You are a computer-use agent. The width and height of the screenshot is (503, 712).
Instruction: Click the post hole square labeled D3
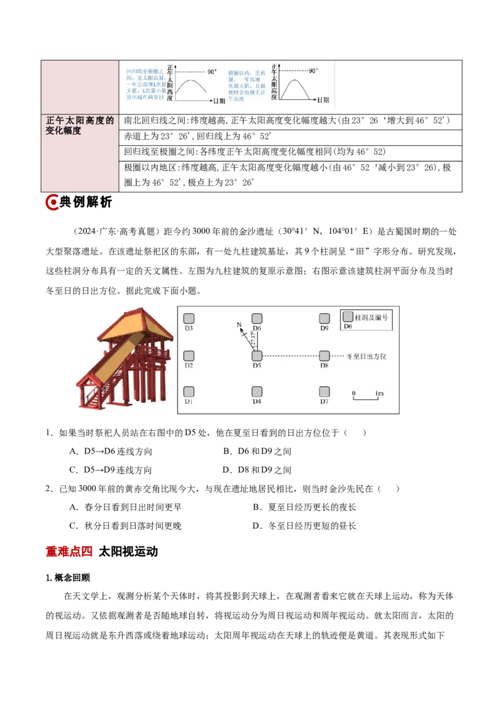pyautogui.click(x=189, y=319)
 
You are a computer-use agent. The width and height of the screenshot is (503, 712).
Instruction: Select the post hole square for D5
pyautogui.click(x=257, y=356)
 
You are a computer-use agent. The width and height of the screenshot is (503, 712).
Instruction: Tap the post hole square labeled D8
pyautogui.click(x=324, y=356)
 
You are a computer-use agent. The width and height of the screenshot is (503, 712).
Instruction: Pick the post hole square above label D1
pyautogui.click(x=189, y=392)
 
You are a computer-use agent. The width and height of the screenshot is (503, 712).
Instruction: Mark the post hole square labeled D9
pyautogui.click(x=324, y=319)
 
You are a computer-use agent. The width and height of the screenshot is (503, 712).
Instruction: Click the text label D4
pyautogui.click(x=257, y=401)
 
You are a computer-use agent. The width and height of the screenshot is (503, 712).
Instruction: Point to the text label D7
pyautogui.click(x=324, y=401)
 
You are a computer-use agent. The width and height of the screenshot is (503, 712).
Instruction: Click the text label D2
pyautogui.click(x=189, y=365)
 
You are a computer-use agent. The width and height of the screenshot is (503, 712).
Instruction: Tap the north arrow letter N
pyautogui.click(x=239, y=325)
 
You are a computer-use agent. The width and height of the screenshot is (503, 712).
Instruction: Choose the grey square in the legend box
pyautogui.click(x=348, y=316)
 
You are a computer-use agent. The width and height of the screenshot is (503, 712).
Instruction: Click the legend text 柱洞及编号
pyautogui.click(x=372, y=317)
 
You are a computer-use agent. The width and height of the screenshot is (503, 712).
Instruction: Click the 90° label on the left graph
pyautogui.click(x=212, y=72)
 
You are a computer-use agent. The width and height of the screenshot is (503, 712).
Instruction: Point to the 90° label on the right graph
pyautogui.click(x=313, y=71)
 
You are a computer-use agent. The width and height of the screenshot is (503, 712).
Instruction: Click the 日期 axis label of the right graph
pyautogui.click(x=323, y=100)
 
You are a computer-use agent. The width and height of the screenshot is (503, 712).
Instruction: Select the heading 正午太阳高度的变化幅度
pyautogui.click(x=80, y=126)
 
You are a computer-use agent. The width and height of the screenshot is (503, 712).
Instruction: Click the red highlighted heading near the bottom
pyautogui.click(x=70, y=552)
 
